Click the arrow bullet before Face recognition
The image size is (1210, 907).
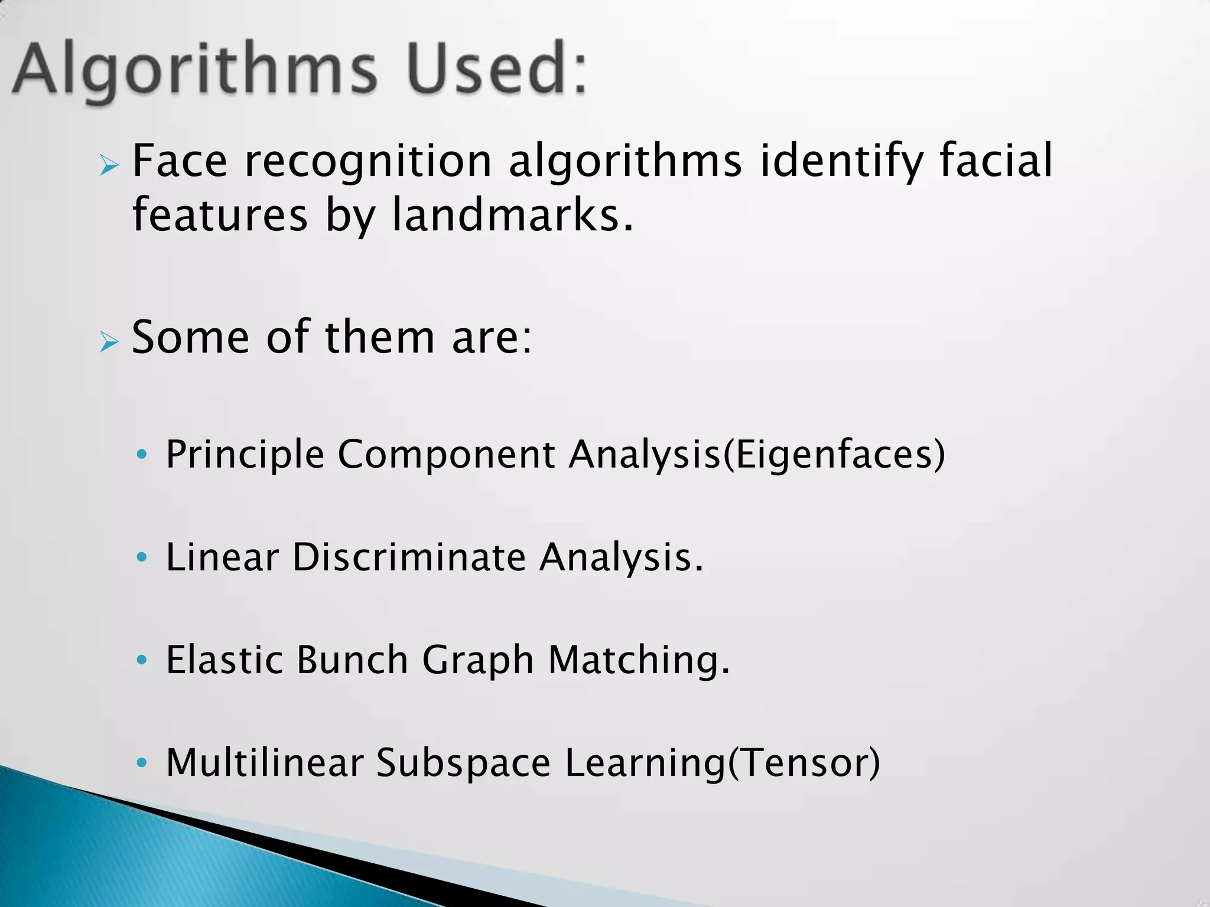[x=109, y=166]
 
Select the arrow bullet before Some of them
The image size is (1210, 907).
[x=109, y=341]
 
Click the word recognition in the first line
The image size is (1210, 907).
[x=368, y=161]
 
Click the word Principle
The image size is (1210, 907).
[x=245, y=455]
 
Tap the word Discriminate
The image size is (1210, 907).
[x=409, y=557]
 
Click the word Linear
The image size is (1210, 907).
[x=222, y=557]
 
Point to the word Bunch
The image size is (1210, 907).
[x=352, y=660]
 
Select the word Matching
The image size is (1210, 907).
[x=639, y=660]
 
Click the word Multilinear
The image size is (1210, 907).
[x=264, y=762]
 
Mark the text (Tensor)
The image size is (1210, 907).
[x=804, y=762]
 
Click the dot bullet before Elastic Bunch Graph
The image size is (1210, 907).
[x=141, y=660]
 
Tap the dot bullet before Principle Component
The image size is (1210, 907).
[x=141, y=455]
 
